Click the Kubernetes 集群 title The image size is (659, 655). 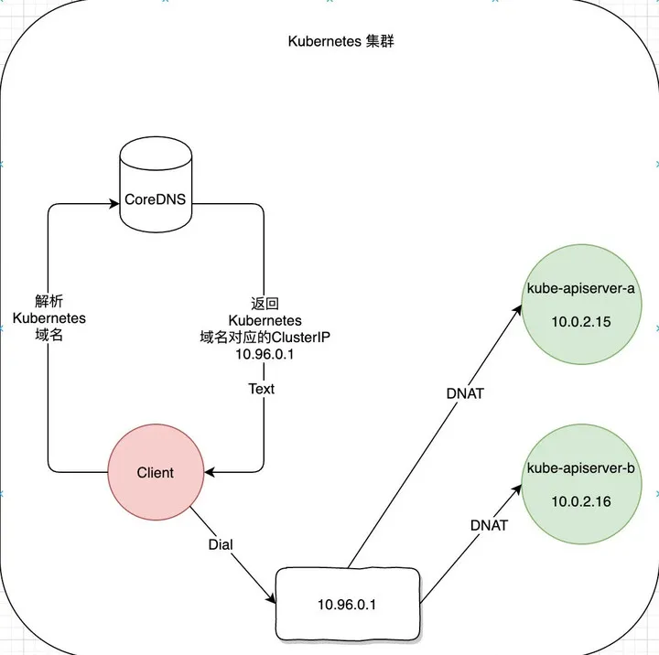pyautogui.click(x=341, y=41)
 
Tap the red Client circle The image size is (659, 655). pyautogui.click(x=156, y=472)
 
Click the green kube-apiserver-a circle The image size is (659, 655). pyautogui.click(x=580, y=306)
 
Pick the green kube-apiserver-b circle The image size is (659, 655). pyautogui.click(x=580, y=485)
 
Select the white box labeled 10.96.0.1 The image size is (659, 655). pyautogui.click(x=347, y=604)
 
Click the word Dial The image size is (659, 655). pyautogui.click(x=221, y=544)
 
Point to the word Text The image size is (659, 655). pyautogui.click(x=261, y=389)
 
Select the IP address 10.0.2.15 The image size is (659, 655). pyautogui.click(x=580, y=323)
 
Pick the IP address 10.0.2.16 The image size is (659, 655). pyautogui.click(x=580, y=502)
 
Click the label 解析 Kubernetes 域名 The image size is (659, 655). pyautogui.click(x=49, y=317)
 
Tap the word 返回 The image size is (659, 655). pyautogui.click(x=264, y=304)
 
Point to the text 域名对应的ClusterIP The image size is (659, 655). pyautogui.click(x=264, y=338)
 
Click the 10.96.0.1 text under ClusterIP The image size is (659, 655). pyautogui.click(x=264, y=354)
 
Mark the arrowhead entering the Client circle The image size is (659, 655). pyautogui.click(x=211, y=472)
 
